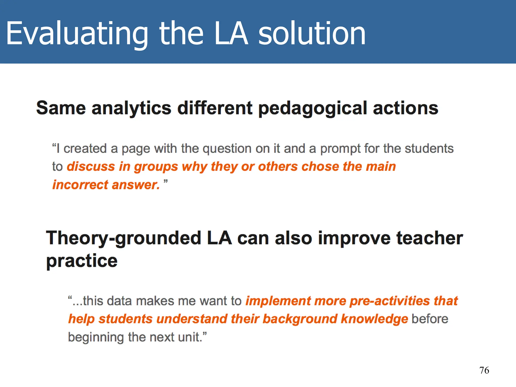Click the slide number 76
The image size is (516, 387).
click(484, 370)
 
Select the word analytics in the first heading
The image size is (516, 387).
click(131, 109)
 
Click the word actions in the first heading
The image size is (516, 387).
click(405, 108)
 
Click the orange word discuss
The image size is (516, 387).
click(91, 167)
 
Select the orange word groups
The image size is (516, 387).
click(156, 167)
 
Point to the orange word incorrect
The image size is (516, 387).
click(80, 185)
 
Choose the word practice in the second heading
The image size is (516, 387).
click(82, 261)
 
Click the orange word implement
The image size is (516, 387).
click(278, 301)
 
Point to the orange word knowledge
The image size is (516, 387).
click(374, 319)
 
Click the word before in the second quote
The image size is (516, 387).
click(430, 319)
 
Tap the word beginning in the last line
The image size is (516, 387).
click(96, 337)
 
